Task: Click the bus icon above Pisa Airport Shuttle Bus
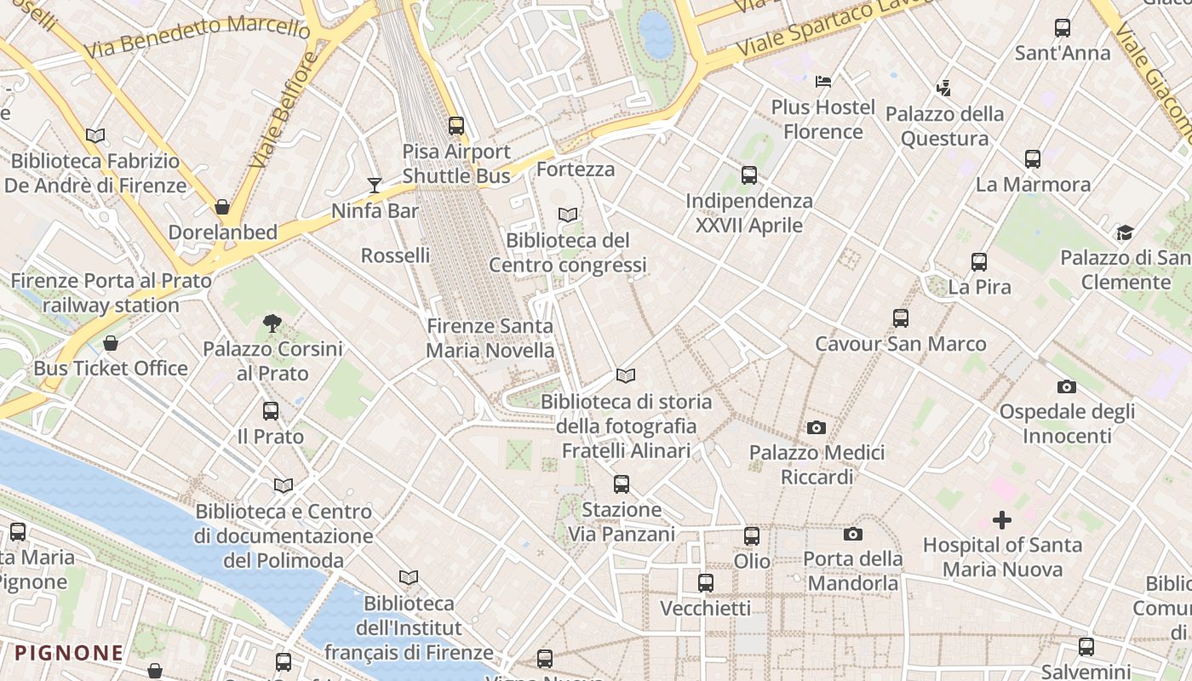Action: coord(456,126)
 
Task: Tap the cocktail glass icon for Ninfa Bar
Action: coord(374,185)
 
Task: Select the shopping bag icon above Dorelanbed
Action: coord(222,207)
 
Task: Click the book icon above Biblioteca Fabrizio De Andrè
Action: coord(95,135)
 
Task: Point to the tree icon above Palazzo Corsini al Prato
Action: coord(272,323)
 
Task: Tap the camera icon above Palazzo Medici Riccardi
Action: coord(817,427)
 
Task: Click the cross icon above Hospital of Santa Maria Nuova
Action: coord(1002,519)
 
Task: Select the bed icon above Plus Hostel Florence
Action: coord(823,82)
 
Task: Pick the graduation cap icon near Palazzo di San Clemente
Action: coord(1125,232)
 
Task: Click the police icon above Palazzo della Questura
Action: coord(943,88)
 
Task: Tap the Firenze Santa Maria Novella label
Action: coord(490,338)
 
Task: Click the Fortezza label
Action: coord(576,169)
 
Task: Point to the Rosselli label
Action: coord(395,255)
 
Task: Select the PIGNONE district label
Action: coord(69,653)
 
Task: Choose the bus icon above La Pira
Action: coord(979,262)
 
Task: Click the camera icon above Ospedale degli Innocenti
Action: coord(1066,387)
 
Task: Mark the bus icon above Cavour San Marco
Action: coord(901,318)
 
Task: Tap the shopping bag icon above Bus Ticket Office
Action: coord(111,343)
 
